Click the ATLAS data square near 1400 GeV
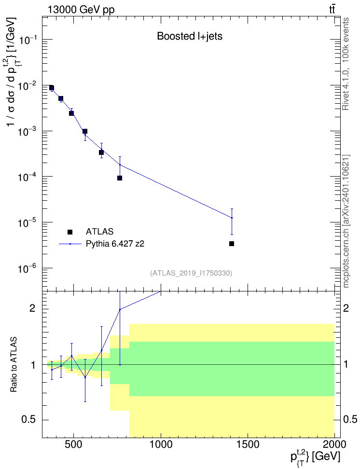click(232, 244)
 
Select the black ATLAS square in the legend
click(70, 232)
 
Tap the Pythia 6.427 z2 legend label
click(115, 244)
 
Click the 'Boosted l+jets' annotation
click(190, 36)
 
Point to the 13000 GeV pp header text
click(81, 10)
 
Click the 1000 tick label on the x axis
click(161, 444)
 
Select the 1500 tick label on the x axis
click(248, 444)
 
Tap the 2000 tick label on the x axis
click(334, 444)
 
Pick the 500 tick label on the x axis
click(73, 444)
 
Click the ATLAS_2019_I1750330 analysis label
click(191, 273)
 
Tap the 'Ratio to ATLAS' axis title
click(13, 365)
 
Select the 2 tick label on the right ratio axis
click(346, 308)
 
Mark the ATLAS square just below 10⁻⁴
click(120, 178)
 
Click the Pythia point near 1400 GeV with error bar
click(232, 218)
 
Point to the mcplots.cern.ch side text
click(346, 221)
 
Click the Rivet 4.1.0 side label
click(346, 64)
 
